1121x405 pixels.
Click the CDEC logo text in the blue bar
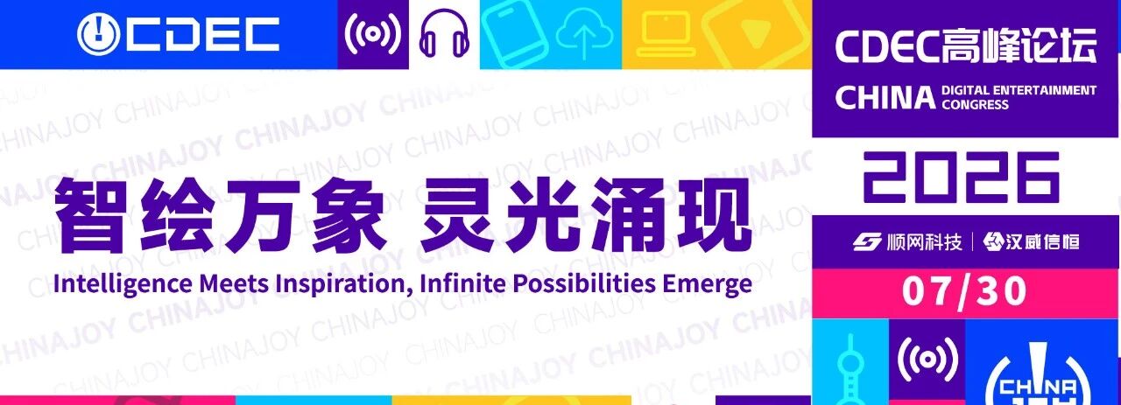[x=202, y=34]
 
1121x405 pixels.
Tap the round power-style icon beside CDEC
[x=98, y=34]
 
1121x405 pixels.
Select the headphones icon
[x=444, y=33]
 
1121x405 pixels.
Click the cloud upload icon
[x=584, y=34]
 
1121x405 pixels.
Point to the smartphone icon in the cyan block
[x=514, y=34]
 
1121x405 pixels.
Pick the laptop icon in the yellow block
[x=666, y=34]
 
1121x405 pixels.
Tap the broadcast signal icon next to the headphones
[x=373, y=33]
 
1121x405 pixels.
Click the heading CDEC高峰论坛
[x=965, y=46]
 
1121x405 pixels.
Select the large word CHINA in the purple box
[x=885, y=97]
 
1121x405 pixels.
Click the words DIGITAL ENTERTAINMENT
[x=1019, y=90]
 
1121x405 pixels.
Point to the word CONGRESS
[x=975, y=104]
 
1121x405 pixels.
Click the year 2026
[x=962, y=178]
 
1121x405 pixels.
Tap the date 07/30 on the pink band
[x=964, y=291]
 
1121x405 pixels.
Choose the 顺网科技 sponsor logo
[x=907, y=242]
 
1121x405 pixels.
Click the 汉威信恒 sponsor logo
[x=1031, y=242]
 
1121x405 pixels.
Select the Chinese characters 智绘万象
[x=220, y=215]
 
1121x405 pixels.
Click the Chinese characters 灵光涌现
[x=586, y=215]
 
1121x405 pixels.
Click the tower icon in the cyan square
[x=850, y=370]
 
